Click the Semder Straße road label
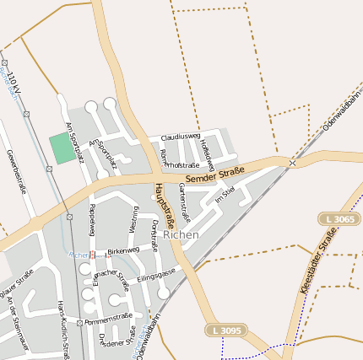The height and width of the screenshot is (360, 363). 214,176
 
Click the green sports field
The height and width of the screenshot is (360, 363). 61,148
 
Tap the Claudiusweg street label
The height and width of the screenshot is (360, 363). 180,136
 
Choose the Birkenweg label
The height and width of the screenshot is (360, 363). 122,251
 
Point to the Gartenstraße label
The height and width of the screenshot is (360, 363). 185,202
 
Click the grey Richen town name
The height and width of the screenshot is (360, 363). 181,235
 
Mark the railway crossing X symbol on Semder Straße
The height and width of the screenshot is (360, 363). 292,161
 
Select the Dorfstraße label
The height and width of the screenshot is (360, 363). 154,234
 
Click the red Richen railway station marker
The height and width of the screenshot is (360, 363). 93,253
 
